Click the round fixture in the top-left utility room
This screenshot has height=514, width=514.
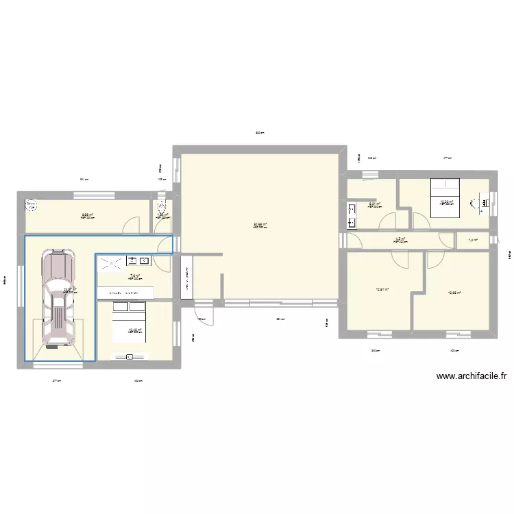pyautogui.click(x=32, y=204)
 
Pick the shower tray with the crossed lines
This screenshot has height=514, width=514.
pyautogui.click(x=110, y=261)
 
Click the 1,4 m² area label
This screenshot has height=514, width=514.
pyautogui.click(x=472, y=240)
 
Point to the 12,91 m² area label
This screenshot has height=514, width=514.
pyautogui.click(x=382, y=289)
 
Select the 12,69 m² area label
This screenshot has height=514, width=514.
pyautogui.click(x=454, y=293)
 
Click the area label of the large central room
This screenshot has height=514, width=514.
pyautogui.click(x=259, y=224)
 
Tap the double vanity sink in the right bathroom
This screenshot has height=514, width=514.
pyautogui.click(x=352, y=214)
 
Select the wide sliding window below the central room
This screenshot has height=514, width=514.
pyautogui.click(x=280, y=301)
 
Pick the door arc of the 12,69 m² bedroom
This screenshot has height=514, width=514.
pyautogui.click(x=434, y=258)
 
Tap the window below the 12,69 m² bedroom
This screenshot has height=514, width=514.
pyautogui.click(x=454, y=334)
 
